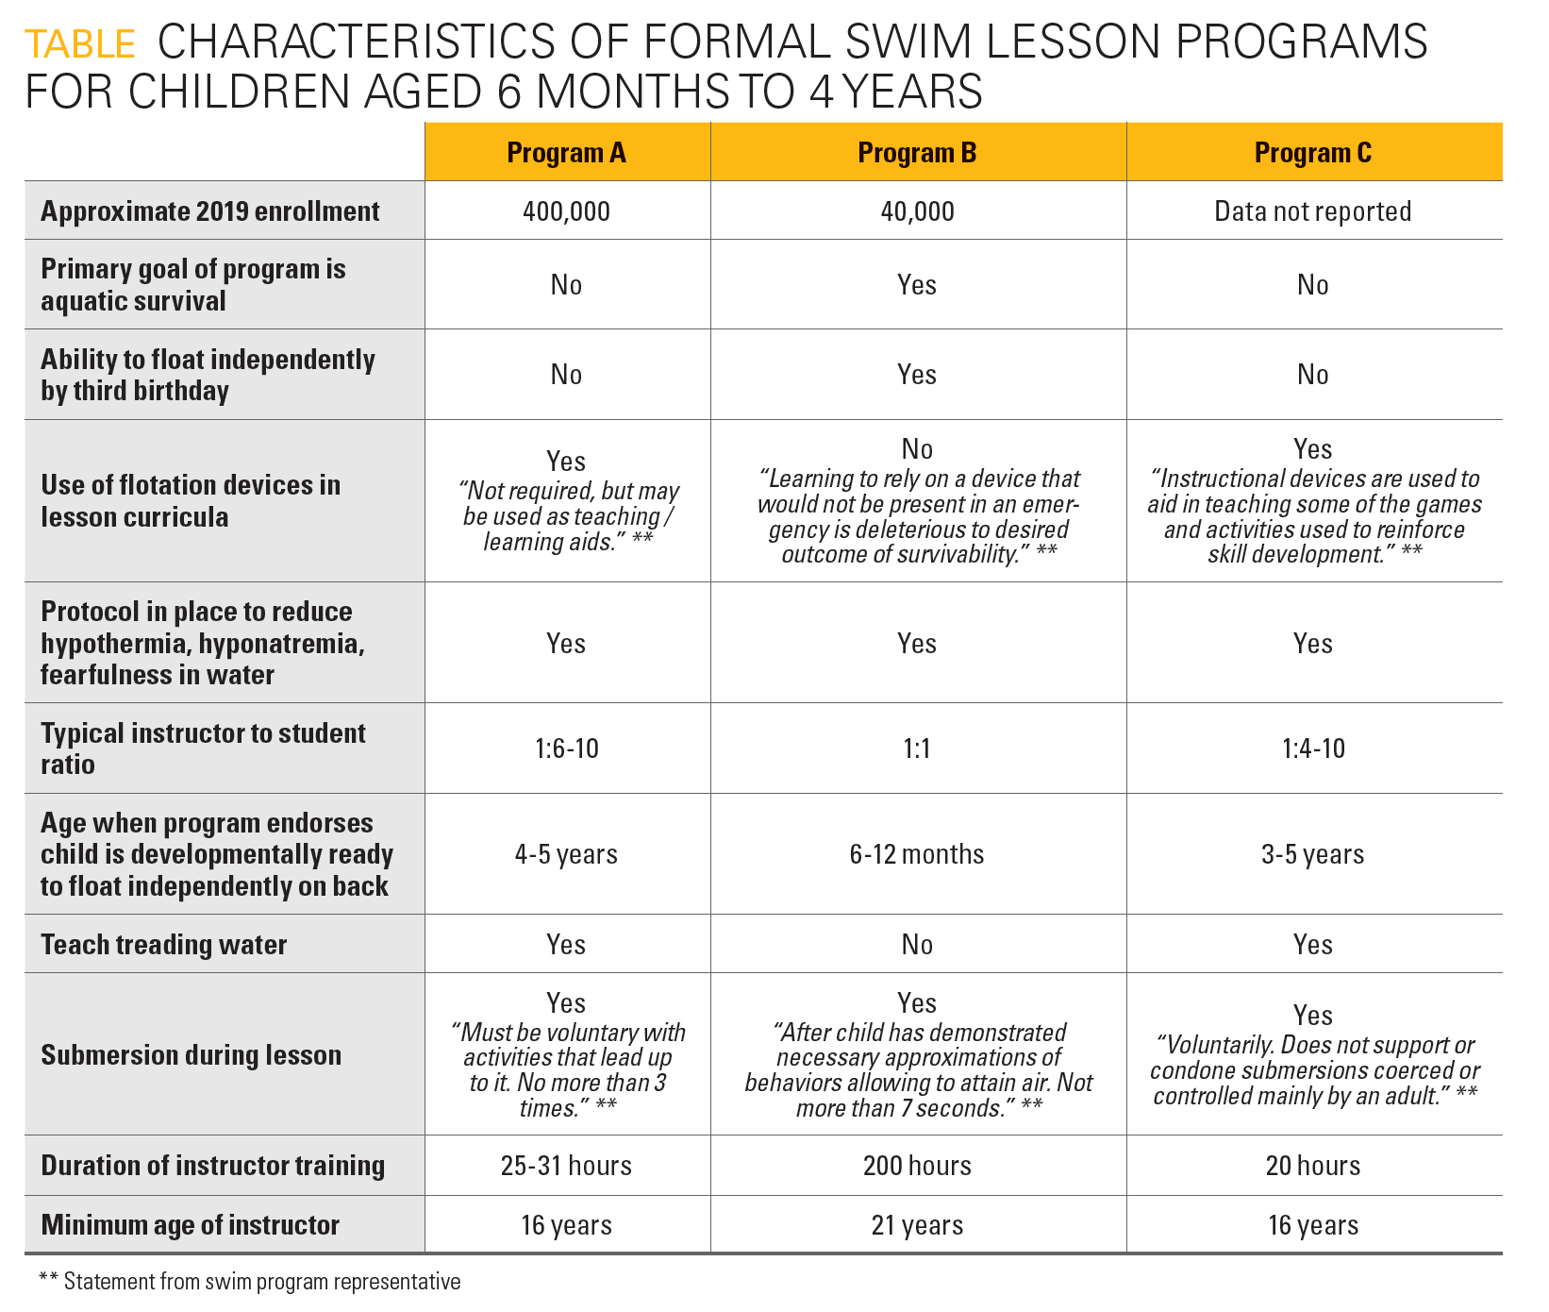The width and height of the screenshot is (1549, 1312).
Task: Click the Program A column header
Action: [x=566, y=153]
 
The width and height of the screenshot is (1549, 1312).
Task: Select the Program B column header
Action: [x=917, y=153]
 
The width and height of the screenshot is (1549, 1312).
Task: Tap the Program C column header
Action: [x=1312, y=153]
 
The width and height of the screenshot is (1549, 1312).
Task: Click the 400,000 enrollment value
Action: [x=566, y=211]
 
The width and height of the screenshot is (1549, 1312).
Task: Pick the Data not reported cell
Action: [x=1312, y=211]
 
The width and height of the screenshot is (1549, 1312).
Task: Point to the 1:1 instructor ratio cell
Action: [x=917, y=749]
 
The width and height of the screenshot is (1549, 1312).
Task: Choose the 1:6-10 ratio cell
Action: [x=566, y=749]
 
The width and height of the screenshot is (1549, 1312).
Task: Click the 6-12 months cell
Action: [x=917, y=855]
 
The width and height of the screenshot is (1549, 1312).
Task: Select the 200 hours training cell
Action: [x=917, y=1167]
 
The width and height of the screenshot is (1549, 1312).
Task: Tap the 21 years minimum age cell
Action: [x=917, y=1226]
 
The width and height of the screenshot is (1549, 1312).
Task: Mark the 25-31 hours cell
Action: [x=566, y=1167]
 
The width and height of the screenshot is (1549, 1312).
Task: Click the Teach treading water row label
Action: [x=163, y=945]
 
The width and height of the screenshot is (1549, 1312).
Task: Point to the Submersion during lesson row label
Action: [x=191, y=1055]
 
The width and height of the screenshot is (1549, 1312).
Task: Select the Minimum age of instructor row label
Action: [x=190, y=1225]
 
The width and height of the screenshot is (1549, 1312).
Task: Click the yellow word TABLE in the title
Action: [x=80, y=44]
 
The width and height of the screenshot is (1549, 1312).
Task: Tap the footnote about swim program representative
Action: [x=250, y=1282]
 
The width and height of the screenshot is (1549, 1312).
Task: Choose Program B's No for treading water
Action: [x=917, y=945]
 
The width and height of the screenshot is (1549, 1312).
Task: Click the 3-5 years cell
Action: [x=1312, y=855]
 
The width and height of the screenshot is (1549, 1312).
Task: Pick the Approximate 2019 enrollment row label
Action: [x=209, y=211]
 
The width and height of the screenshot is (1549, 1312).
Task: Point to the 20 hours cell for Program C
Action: [x=1312, y=1167]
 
